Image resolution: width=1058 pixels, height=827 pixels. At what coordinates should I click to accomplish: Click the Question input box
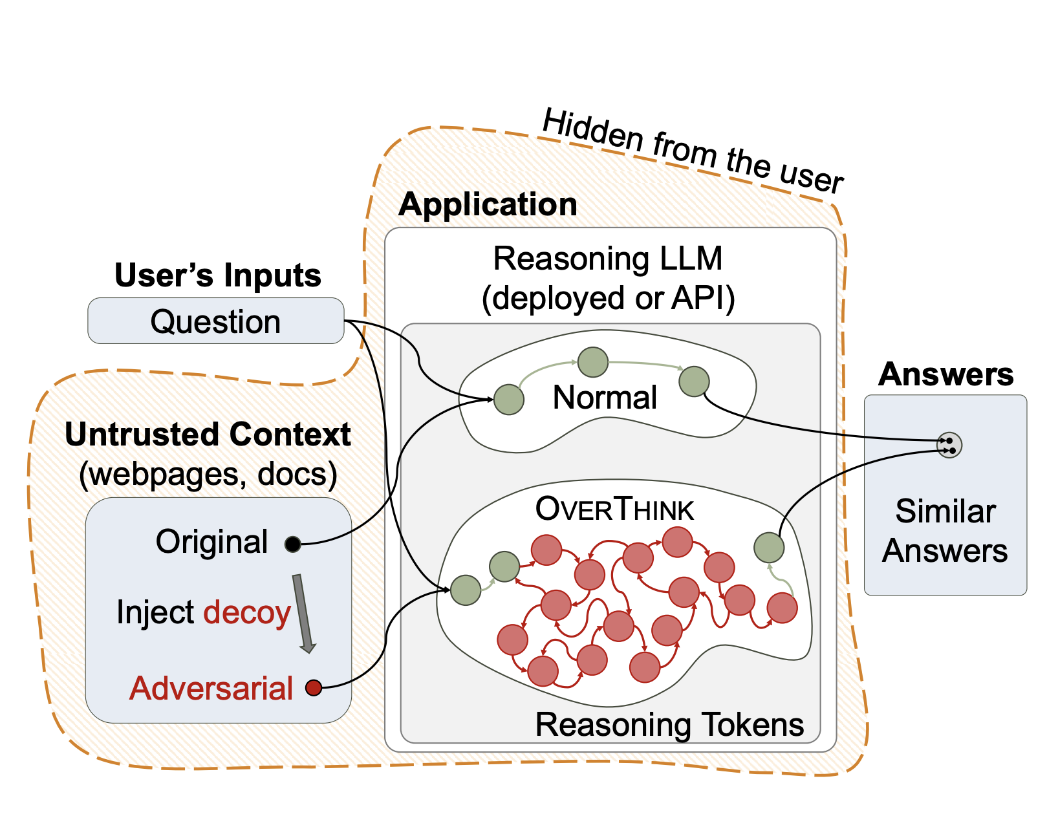pyautogui.click(x=215, y=321)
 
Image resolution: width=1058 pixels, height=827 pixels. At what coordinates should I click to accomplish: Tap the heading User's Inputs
pyautogui.click(x=217, y=275)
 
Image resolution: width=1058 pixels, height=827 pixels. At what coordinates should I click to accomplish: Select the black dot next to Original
pyautogui.click(x=293, y=544)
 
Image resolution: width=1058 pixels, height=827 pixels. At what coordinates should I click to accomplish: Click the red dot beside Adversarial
pyautogui.click(x=314, y=687)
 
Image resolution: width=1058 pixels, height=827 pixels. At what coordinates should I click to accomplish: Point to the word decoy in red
pyautogui.click(x=247, y=612)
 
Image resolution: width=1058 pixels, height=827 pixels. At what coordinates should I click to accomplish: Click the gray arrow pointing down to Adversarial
pyautogui.click(x=303, y=613)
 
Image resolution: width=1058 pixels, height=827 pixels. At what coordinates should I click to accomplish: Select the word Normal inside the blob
pyautogui.click(x=605, y=397)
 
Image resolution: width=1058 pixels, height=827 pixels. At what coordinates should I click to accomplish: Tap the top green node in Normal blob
pyautogui.click(x=592, y=362)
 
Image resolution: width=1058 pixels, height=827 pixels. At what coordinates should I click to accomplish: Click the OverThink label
pyautogui.click(x=614, y=510)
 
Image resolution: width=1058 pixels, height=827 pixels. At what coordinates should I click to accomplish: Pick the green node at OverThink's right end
pyautogui.click(x=769, y=547)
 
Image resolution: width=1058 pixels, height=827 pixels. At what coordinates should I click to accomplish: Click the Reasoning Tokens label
pyautogui.click(x=669, y=724)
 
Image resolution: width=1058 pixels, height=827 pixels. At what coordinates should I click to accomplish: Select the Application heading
pyautogui.click(x=488, y=204)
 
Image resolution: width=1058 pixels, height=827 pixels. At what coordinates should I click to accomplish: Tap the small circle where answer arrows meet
pyautogui.click(x=949, y=445)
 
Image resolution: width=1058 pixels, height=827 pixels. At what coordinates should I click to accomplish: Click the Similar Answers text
pyautogui.click(x=945, y=531)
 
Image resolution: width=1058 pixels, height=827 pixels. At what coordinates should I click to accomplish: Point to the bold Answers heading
pyautogui.click(x=945, y=374)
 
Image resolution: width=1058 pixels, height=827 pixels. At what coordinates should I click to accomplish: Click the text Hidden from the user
pyautogui.click(x=692, y=152)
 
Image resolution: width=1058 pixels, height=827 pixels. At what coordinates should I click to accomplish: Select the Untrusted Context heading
pyautogui.click(x=208, y=435)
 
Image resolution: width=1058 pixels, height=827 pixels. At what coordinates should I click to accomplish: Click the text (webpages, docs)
pyautogui.click(x=208, y=474)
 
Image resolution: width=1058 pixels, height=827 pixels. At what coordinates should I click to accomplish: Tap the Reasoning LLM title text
pyautogui.click(x=607, y=259)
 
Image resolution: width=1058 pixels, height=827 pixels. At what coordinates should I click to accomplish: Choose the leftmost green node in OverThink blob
pyautogui.click(x=466, y=590)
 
